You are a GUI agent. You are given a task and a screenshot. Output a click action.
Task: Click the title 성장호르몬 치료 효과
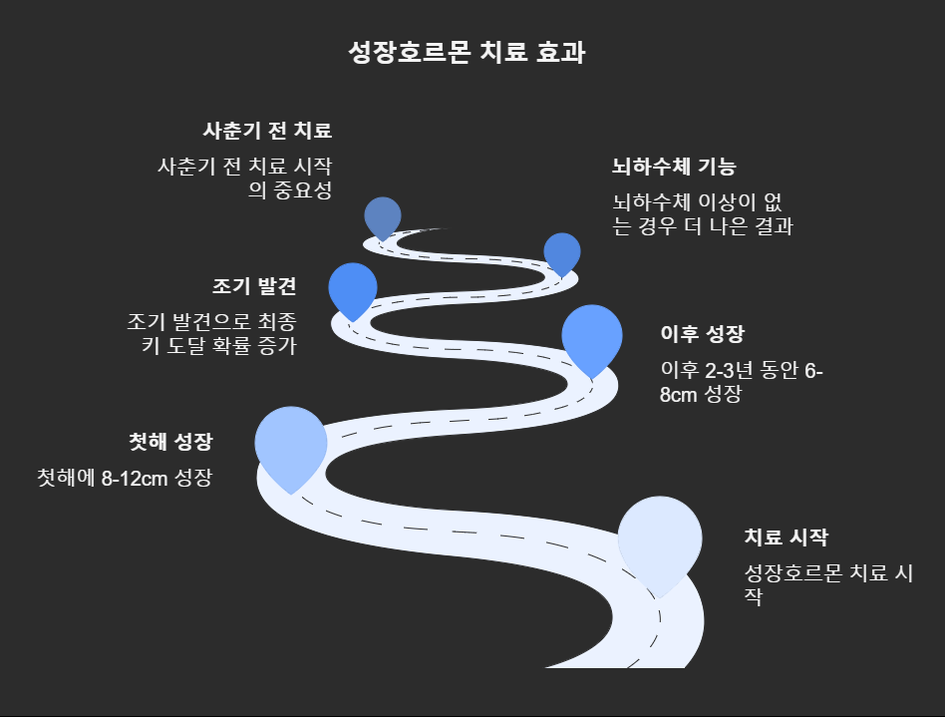467,53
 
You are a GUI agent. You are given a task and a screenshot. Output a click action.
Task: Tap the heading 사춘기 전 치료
266,131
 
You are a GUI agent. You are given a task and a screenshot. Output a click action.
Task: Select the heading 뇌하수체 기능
674,167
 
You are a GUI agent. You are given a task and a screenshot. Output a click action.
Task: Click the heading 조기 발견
254,286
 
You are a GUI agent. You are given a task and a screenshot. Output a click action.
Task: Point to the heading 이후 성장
702,333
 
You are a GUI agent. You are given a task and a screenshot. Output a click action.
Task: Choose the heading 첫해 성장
170,442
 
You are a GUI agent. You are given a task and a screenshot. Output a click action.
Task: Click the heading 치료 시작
786,538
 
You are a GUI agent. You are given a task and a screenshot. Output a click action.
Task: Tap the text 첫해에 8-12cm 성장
125,477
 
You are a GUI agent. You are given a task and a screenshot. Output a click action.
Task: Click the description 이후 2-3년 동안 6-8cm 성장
742,382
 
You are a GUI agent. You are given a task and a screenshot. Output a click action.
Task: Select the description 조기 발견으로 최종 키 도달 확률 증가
212,334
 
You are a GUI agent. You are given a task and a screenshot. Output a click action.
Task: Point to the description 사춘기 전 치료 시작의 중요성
244,179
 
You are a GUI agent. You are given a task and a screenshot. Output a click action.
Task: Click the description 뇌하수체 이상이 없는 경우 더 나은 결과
702,214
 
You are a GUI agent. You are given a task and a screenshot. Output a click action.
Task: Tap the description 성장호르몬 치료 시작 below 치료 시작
829,585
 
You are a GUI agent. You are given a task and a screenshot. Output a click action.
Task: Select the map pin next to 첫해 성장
291,443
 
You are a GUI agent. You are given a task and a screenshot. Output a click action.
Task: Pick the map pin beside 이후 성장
592,335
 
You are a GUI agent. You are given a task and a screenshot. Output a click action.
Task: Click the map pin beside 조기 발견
353,287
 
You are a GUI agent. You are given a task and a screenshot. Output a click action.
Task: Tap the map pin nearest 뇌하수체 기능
562,252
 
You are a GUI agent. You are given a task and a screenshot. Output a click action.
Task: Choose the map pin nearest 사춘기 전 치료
383,215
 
